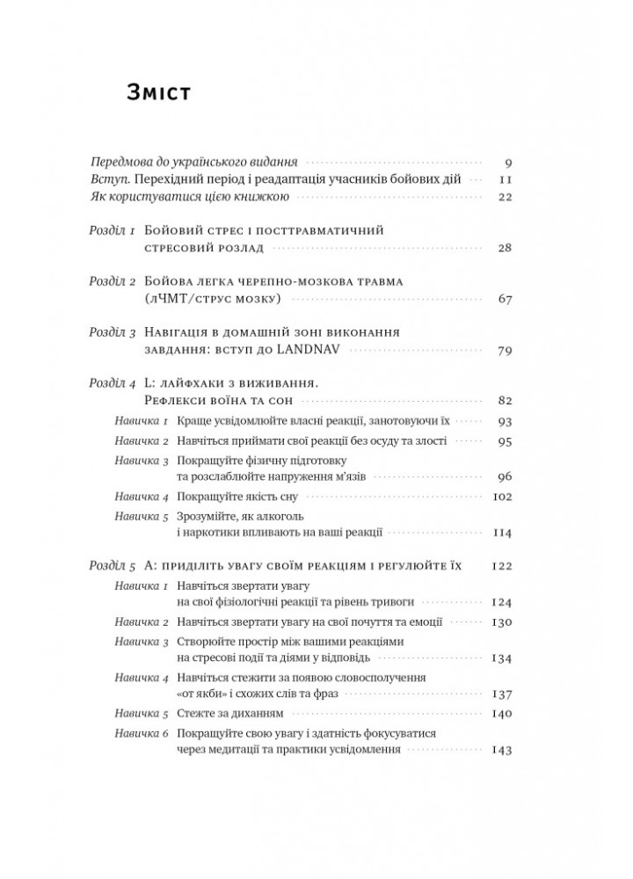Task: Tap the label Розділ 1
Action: point(113,231)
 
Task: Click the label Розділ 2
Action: point(113,283)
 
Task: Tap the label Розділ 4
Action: point(113,384)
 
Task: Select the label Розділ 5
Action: point(113,568)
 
